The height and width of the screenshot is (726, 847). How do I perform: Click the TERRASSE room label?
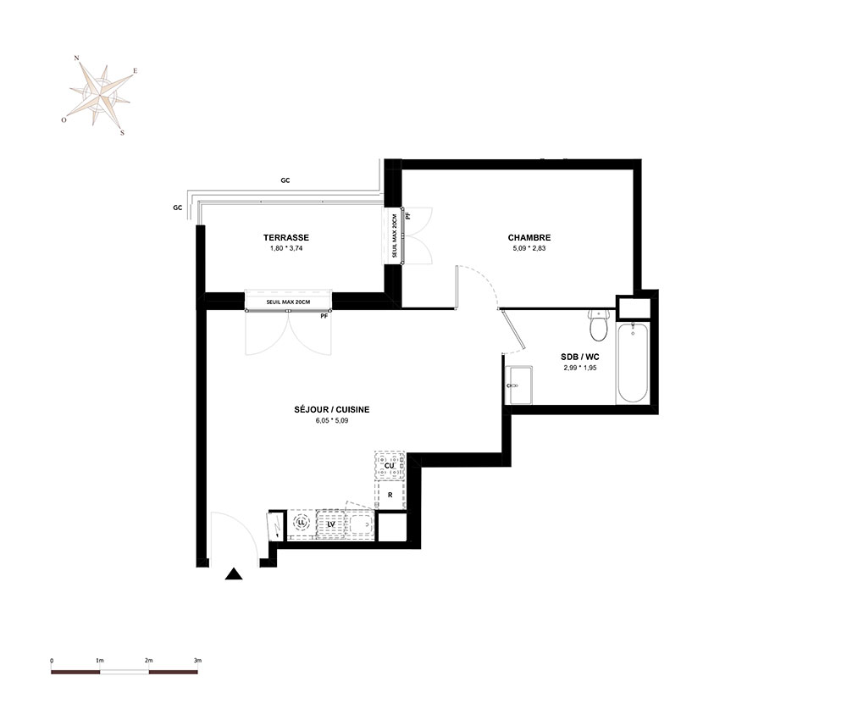[286, 238]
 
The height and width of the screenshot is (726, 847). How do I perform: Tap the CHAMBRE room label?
[529, 238]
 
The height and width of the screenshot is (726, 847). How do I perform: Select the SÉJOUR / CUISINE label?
[332, 409]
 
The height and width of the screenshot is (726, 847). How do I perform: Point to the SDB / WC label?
[580, 357]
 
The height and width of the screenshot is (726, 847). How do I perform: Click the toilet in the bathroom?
[598, 326]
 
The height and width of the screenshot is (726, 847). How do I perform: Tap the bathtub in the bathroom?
[633, 363]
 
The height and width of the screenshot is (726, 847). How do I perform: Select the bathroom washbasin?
[518, 385]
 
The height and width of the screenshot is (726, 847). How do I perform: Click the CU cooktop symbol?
[390, 466]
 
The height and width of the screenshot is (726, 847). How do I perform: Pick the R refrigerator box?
[390, 495]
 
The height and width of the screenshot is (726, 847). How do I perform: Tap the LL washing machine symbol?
[301, 523]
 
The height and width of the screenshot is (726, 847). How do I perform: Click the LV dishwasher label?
[332, 524]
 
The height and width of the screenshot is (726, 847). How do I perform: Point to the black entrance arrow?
[234, 574]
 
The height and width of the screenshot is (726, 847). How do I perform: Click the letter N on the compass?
[77, 58]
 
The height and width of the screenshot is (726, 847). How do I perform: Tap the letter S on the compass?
[122, 133]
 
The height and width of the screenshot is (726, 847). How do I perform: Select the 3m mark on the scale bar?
[197, 660]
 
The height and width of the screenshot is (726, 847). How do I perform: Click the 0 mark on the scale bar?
[52, 660]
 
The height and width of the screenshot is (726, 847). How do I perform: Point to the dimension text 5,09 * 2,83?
[529, 248]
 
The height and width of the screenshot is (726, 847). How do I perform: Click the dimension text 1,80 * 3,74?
[286, 248]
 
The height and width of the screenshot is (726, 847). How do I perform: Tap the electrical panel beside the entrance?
[275, 525]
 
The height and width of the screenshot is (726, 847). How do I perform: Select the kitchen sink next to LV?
[360, 524]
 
